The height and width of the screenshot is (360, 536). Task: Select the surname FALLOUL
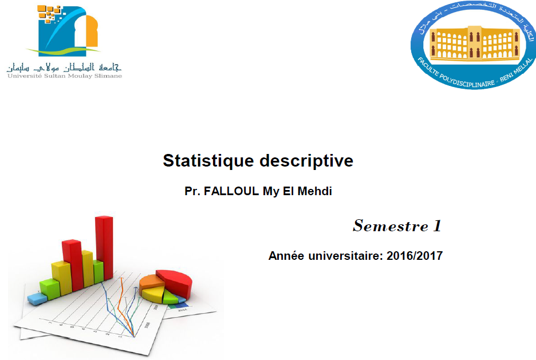[x=231, y=191]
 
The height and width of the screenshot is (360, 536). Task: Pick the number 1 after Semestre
[x=437, y=226]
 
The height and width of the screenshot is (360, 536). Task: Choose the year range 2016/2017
[x=415, y=256]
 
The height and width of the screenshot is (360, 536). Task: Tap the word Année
[x=286, y=256]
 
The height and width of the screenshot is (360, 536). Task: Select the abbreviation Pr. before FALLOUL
[x=192, y=191]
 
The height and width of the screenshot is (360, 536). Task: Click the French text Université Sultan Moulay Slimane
[x=64, y=76]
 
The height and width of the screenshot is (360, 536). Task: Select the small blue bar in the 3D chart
[x=37, y=298]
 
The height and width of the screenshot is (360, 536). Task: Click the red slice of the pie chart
[x=176, y=280]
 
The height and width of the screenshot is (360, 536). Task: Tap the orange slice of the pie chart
[x=152, y=281]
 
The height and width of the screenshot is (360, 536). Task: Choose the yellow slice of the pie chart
[x=153, y=295]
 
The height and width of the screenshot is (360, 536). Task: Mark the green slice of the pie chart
[x=170, y=297]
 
